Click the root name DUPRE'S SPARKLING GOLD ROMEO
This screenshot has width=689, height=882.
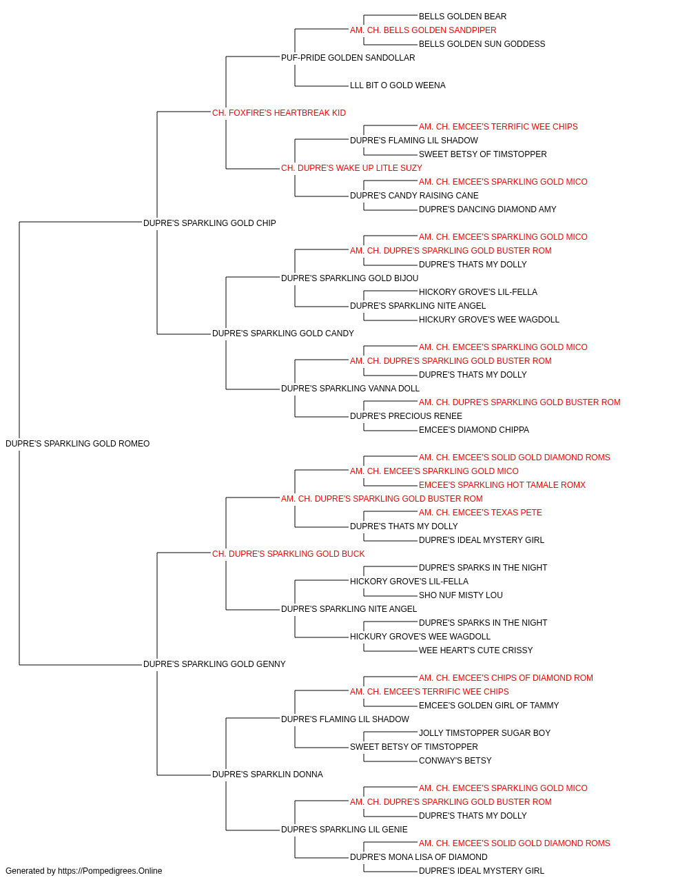pos(77,444)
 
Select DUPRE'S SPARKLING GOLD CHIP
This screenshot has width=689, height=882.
pos(209,223)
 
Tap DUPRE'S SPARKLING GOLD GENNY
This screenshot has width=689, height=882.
pos(214,664)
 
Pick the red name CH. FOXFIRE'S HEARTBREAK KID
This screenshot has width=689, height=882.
pos(279,113)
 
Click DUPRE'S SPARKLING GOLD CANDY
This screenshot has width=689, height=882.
pos(282,334)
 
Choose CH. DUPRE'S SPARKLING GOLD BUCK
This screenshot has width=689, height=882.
pos(288,553)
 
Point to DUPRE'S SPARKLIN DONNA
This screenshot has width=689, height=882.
pos(267,775)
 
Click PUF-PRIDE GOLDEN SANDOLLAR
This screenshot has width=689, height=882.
pos(348,58)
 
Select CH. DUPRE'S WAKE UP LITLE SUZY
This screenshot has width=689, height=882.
pos(351,168)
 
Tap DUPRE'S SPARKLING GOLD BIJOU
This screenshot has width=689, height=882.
pos(349,278)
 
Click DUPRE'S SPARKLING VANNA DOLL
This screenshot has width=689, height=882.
pos(350,389)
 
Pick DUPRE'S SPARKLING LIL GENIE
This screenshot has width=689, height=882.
pos(344,830)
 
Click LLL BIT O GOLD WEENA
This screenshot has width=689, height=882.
pos(398,85)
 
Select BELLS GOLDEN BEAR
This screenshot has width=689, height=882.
pos(462,17)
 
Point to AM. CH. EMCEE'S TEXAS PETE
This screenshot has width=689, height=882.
pos(480,513)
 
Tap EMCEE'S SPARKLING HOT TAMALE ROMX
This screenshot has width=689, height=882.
pos(502,485)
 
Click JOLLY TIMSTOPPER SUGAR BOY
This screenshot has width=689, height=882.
pos(484,733)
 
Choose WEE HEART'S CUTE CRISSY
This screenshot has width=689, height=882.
pos(475,650)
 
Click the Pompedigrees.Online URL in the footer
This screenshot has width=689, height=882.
pos(110,871)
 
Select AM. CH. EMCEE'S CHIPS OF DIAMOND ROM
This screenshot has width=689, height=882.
pos(506,678)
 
